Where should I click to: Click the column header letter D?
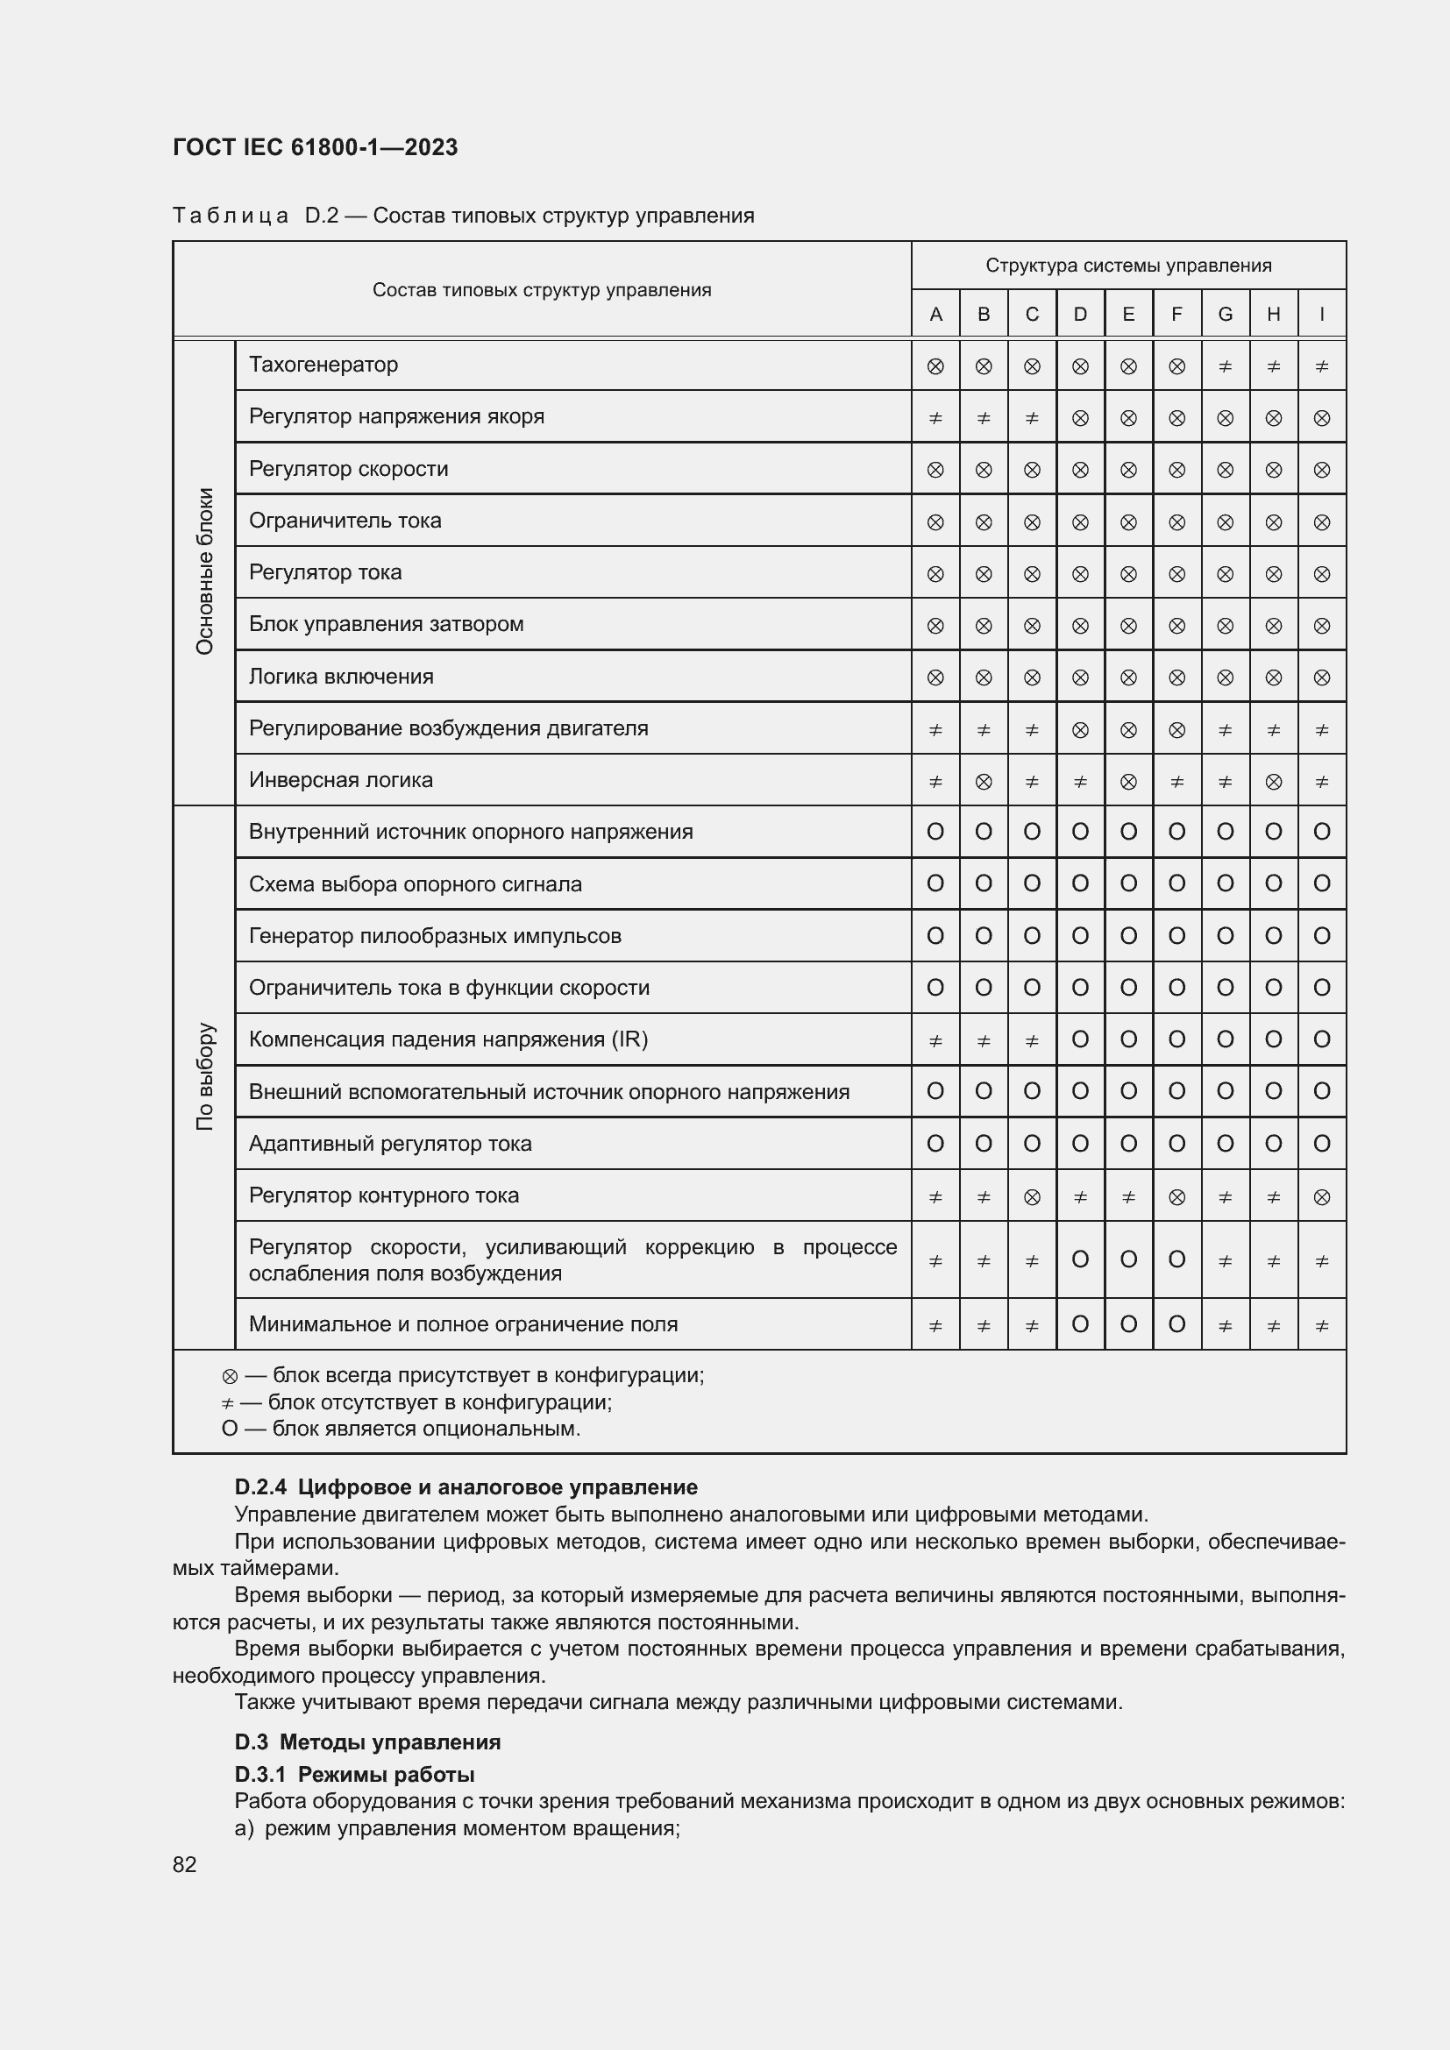click(1079, 315)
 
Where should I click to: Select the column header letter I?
click(1321, 315)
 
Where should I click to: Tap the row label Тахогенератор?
click(323, 365)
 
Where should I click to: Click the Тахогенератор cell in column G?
click(1225, 366)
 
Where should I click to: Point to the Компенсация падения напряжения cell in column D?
click(1079, 1039)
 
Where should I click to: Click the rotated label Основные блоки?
click(204, 571)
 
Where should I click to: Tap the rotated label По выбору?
click(204, 1077)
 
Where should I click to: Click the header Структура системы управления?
click(1127, 266)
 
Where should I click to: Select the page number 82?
click(185, 1864)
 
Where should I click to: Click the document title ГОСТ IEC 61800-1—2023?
click(316, 147)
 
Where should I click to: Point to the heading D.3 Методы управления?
click(368, 1742)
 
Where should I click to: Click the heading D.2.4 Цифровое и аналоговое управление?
click(466, 1486)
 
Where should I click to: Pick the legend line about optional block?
click(402, 1429)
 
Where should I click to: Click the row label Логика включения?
click(341, 676)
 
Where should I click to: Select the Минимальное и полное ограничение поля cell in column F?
click(1176, 1324)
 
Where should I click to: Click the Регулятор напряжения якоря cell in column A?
click(935, 418)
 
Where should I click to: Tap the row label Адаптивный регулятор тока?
click(390, 1144)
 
